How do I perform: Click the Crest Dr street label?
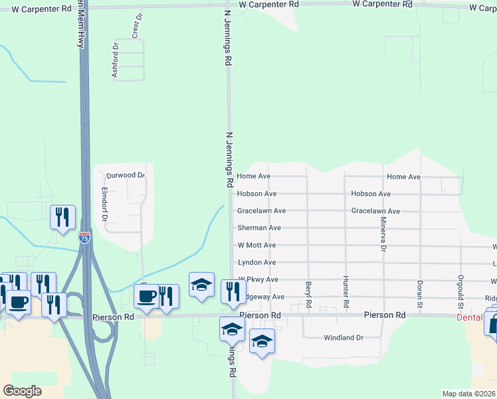[138, 26]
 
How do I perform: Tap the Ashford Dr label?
[115, 61]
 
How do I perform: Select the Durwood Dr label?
[126, 175]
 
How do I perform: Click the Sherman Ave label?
[259, 228]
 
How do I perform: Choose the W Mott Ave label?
[256, 245]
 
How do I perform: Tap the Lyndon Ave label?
[256, 263]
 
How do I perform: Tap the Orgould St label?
[460, 293]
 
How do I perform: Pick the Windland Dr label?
[344, 338]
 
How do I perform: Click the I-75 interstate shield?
[84, 237]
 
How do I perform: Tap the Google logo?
[22, 390]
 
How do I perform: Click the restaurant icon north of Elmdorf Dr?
[62, 217]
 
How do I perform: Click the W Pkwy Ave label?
[258, 280]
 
